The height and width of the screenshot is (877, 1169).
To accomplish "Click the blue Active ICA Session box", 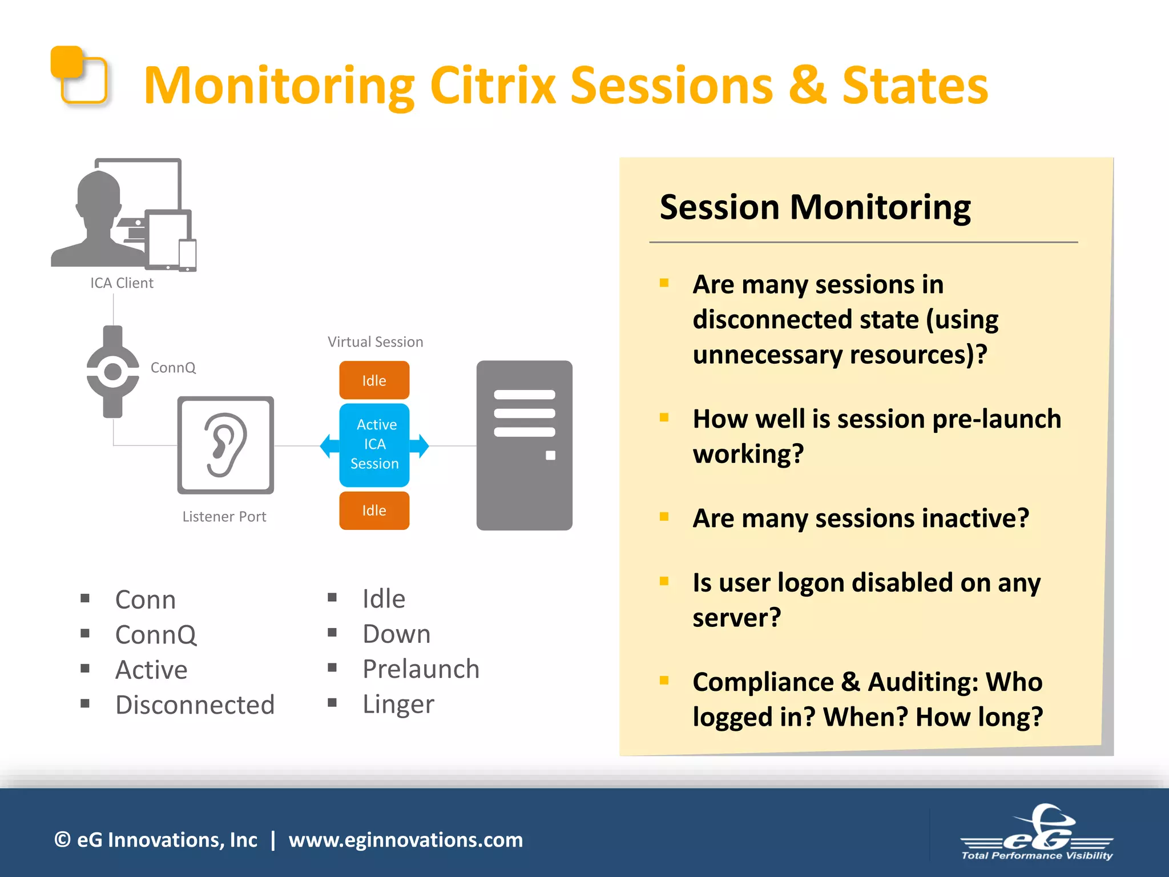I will pyautogui.click(x=374, y=445).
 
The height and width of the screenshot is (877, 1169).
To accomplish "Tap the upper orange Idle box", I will pyautogui.click(x=374, y=380).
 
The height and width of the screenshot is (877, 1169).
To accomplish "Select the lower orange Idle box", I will pyautogui.click(x=374, y=510).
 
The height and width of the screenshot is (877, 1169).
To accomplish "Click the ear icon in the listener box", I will pyautogui.click(x=225, y=445).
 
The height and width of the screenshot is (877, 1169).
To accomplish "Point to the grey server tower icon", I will pyautogui.click(x=524, y=445).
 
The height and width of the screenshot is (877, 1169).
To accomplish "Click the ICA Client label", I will pyautogui.click(x=122, y=283).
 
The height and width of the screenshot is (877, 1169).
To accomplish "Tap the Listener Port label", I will pyautogui.click(x=224, y=517).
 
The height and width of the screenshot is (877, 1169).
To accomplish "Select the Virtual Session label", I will pyautogui.click(x=375, y=342).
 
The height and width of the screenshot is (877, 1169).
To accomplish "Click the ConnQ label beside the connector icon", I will pyautogui.click(x=173, y=368).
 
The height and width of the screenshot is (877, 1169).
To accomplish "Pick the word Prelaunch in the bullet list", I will pyautogui.click(x=421, y=669).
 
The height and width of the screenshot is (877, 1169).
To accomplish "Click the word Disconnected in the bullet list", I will pyautogui.click(x=195, y=705).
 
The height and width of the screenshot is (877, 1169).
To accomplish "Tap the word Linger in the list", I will pyautogui.click(x=398, y=704).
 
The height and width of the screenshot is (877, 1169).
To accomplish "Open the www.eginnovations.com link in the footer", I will pyautogui.click(x=405, y=840).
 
